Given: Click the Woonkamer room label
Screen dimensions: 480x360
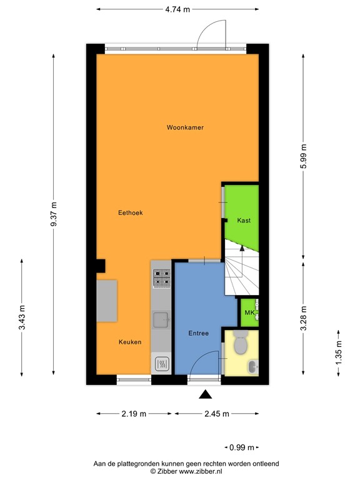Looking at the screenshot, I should (185, 127).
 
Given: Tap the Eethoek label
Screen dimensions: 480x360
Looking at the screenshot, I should (131, 213).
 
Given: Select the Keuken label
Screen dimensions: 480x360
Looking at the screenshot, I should (131, 342).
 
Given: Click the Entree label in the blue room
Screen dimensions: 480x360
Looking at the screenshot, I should (198, 334).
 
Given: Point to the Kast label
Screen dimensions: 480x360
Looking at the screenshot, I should (244, 221).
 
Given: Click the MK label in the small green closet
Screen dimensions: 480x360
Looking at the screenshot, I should (249, 312).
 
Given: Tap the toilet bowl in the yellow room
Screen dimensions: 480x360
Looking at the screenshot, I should (240, 343).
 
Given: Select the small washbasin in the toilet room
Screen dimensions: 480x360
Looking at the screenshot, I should (252, 366).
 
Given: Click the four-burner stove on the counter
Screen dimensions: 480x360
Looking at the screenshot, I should (162, 277).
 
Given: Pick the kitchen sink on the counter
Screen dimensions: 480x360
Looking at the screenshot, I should (161, 320).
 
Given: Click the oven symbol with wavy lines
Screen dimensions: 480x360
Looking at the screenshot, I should (161, 363).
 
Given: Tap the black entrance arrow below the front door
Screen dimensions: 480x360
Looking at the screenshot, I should (204, 394).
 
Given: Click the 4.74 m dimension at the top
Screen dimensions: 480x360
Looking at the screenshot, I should (177, 10).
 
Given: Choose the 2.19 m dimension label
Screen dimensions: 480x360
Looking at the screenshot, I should (134, 414).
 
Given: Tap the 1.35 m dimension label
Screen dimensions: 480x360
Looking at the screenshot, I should (339, 352).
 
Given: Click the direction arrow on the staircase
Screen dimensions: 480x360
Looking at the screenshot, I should (242, 250).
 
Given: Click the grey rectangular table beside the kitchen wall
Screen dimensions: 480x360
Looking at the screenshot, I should (107, 301).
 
